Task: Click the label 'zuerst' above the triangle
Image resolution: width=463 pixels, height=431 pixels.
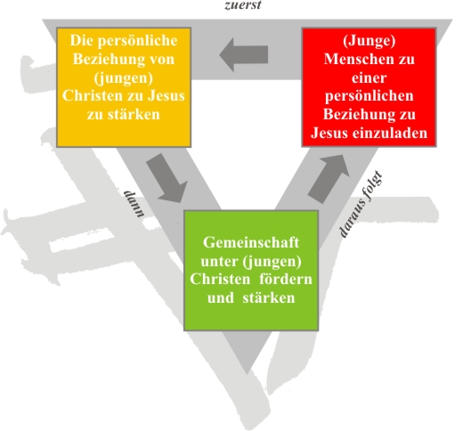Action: [x=243, y=4]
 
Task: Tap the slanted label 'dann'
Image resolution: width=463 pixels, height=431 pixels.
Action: [x=134, y=204]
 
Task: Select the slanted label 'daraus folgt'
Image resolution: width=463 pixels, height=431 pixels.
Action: [x=361, y=204]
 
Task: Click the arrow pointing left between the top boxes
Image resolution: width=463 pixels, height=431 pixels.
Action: [x=244, y=54]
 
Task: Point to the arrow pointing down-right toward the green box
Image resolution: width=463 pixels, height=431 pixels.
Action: [x=167, y=179]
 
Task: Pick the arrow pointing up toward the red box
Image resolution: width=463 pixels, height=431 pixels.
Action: [x=329, y=179]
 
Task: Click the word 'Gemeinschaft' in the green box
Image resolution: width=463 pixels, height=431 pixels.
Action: [x=251, y=242]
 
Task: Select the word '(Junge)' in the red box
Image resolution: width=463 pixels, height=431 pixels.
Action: [x=370, y=41]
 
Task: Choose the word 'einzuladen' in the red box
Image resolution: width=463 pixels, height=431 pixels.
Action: [x=390, y=133]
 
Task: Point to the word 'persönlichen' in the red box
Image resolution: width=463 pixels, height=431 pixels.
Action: [x=370, y=96]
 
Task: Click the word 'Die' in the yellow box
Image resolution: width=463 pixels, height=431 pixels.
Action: [x=82, y=40]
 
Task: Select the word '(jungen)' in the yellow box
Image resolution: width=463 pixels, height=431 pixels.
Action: [x=124, y=77]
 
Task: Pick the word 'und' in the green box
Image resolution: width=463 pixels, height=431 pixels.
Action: [x=221, y=297]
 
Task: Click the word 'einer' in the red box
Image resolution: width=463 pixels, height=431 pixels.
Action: [x=370, y=77]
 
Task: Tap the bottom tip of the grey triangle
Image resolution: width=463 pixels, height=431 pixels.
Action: [x=247, y=373]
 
